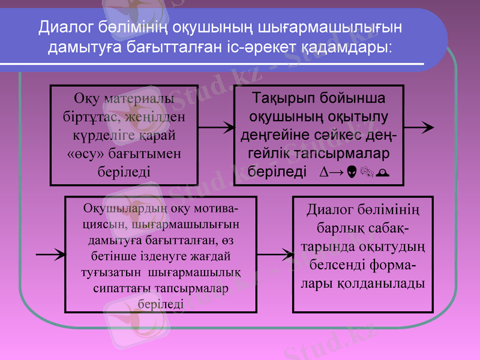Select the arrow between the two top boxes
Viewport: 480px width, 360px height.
click(217, 127)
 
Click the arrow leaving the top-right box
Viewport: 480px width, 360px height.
click(419, 127)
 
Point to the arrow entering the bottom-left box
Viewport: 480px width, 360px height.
click(51, 254)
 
